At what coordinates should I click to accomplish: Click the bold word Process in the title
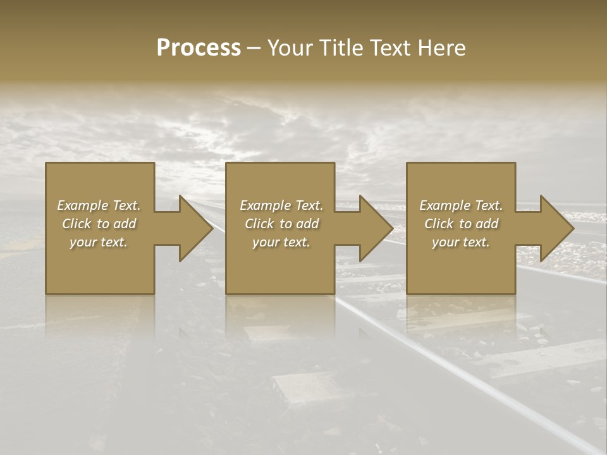tap(199, 48)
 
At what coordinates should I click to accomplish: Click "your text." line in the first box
tap(99, 242)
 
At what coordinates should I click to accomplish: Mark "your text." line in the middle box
tap(281, 242)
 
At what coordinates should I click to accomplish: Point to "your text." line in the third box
tap(460, 242)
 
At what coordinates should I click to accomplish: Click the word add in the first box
tap(125, 224)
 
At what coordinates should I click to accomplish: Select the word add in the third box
tap(487, 224)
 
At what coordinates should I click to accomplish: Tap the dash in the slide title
tap(254, 48)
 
